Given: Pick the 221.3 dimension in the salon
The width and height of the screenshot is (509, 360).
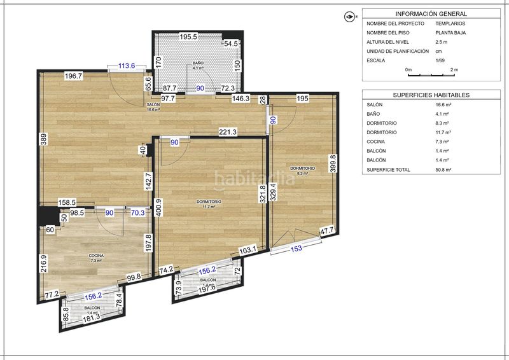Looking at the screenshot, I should click(x=228, y=132).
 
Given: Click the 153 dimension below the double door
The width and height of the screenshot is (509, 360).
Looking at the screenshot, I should click(x=296, y=249).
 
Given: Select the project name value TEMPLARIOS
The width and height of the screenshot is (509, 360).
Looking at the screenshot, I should click(x=451, y=24).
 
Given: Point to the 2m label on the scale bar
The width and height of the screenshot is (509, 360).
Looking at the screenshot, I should click(x=454, y=69).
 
